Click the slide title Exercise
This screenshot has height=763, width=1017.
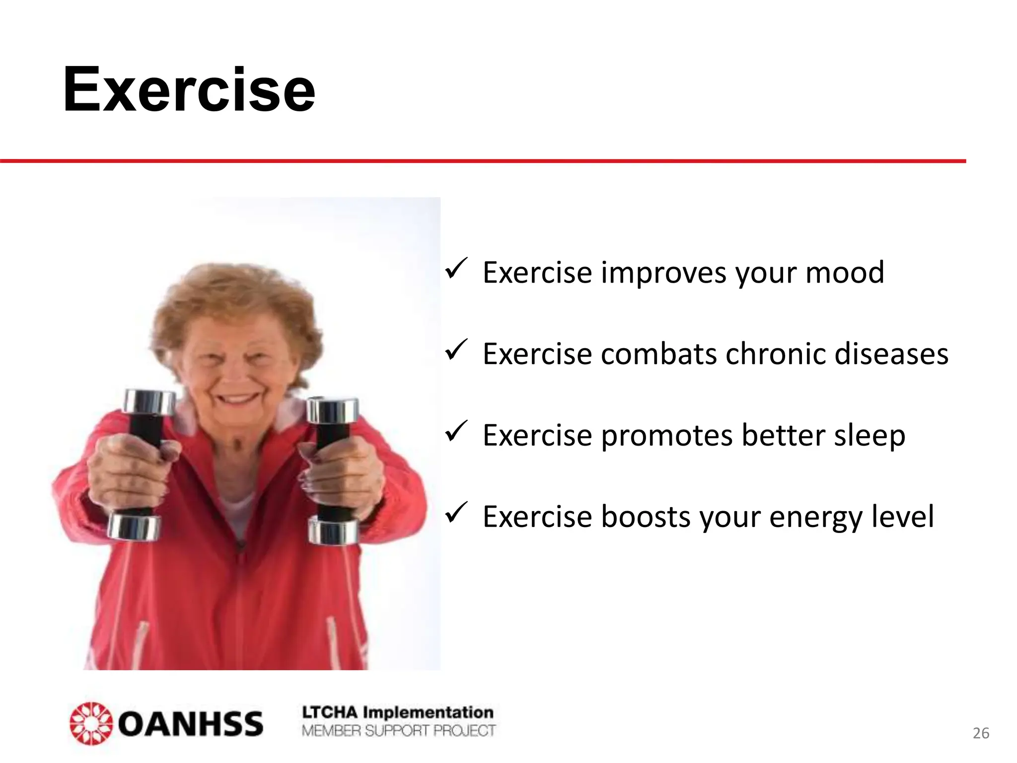[189, 90]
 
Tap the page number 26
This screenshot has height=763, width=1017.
[981, 733]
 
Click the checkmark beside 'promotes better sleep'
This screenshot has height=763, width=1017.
[456, 432]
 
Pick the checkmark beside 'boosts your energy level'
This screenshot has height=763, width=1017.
[456, 513]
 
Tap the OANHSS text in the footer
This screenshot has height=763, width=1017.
[190, 724]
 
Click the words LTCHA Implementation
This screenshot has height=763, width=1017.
[398, 712]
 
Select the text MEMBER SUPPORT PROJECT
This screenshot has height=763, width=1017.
[398, 731]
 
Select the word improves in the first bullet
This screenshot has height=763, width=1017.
[663, 274]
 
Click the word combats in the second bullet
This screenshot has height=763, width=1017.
[659, 354]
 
